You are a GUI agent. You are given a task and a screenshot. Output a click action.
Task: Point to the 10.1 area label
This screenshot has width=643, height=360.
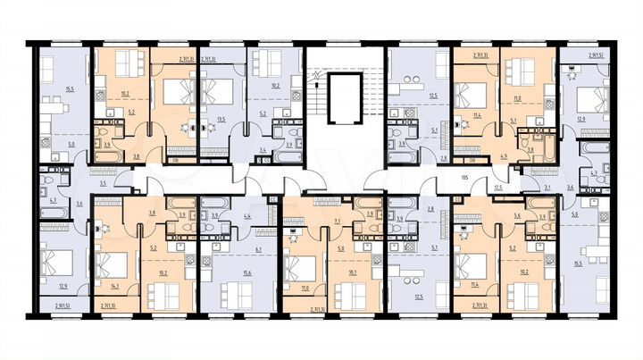pyautogui.click(x=355, y=273)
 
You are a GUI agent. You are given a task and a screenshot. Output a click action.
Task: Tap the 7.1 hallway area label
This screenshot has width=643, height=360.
pyautogui.click(x=336, y=220)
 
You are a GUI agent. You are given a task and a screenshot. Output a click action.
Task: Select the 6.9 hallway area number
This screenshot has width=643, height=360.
pyautogui.click(x=503, y=157)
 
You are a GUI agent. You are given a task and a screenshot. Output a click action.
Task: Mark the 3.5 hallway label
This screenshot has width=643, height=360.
pyautogui.click(x=104, y=182)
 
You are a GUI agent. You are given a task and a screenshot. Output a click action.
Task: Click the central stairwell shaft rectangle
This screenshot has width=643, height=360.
pyautogui.click(x=344, y=98)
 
